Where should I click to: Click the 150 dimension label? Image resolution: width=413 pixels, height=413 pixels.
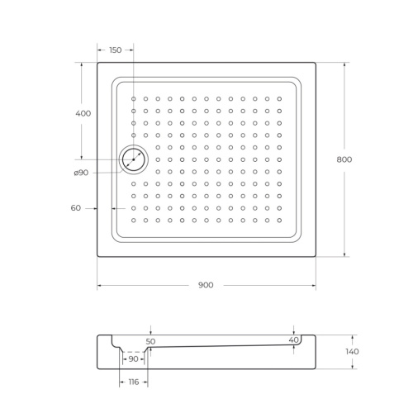point(115,50)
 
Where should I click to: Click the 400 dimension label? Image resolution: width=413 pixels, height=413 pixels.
point(83,113)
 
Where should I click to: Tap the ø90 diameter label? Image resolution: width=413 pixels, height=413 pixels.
point(81,172)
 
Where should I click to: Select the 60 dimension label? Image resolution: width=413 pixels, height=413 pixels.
point(76,208)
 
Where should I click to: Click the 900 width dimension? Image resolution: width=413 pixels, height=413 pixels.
point(206,285)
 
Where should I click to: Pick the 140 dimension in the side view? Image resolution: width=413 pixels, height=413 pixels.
point(353,352)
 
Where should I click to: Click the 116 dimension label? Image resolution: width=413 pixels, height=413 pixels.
point(134,382)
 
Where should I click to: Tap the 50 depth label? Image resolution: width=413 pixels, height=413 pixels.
point(150,340)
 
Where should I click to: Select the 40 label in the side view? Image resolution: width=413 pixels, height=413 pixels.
point(293,340)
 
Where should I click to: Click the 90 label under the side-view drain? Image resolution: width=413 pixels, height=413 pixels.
point(132,359)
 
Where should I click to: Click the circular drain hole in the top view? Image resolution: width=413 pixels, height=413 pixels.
point(133,159)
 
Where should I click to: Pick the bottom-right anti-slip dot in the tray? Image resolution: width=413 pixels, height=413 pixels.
point(279,220)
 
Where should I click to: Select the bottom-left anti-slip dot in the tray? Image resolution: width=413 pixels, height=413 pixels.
point(134,220)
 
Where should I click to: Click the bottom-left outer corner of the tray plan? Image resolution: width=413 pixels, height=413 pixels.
point(97,256)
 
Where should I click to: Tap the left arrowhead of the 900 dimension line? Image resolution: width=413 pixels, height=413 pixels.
point(100,286)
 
